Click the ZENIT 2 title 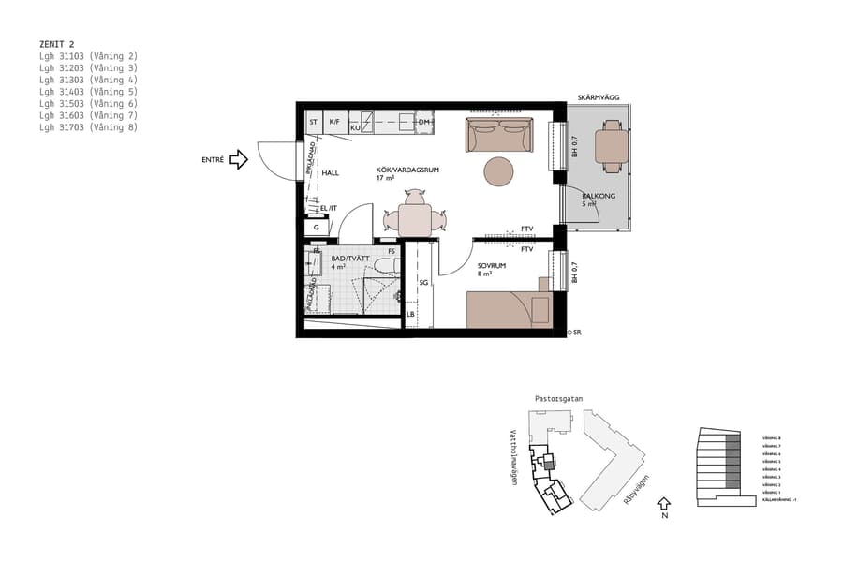tap(57, 43)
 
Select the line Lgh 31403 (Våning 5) tap(88, 92)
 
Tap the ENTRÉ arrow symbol tap(239, 160)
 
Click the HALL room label tap(330, 173)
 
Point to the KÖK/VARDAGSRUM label tap(407, 170)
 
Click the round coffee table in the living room tap(498, 171)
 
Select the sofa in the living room tap(499, 136)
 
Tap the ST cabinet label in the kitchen tap(314, 122)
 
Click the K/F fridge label tap(335, 122)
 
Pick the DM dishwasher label tap(424, 122)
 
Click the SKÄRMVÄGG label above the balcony tap(598, 97)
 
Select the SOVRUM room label tap(492, 265)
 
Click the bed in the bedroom tap(506, 309)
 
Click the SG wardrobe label tap(423, 282)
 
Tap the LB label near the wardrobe tap(410, 315)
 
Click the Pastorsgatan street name tap(558, 399)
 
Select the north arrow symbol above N tap(664, 503)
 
